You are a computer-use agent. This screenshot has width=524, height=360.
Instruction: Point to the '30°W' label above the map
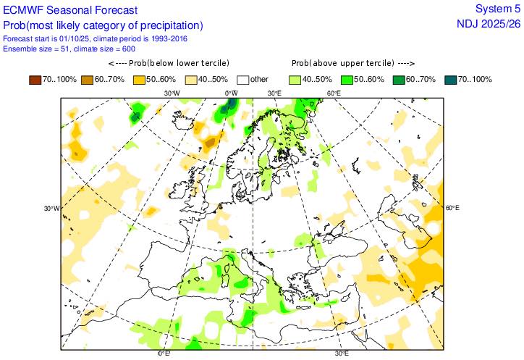coord(172,93)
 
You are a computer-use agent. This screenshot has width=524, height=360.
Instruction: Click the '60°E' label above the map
coord(334,93)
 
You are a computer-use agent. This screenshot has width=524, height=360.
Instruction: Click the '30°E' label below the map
coord(342,354)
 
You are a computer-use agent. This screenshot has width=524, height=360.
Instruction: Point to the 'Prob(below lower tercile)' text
coord(178,63)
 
